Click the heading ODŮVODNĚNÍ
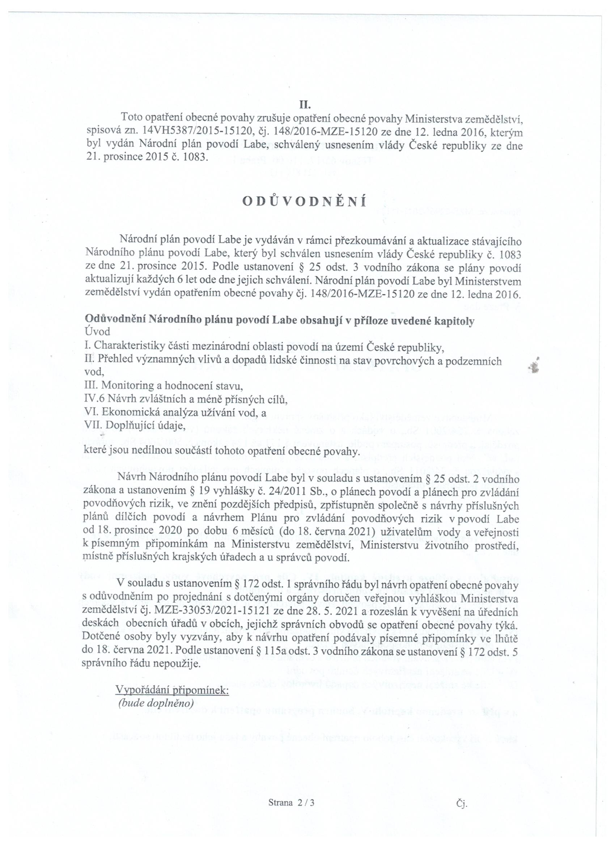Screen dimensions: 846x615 click(x=304, y=202)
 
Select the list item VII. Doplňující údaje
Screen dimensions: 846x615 click(x=135, y=425)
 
